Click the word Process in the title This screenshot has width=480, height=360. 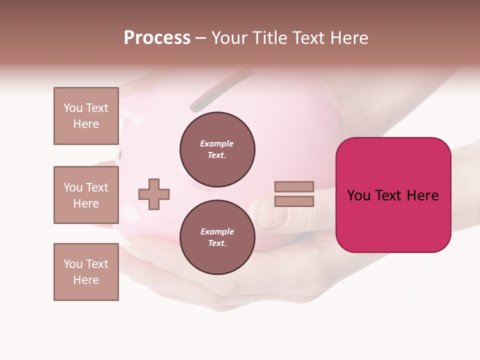pyautogui.click(x=157, y=38)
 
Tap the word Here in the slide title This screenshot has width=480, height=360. pyautogui.click(x=349, y=38)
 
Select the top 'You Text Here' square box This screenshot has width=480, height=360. pyautogui.click(x=86, y=116)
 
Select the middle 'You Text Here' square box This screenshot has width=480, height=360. pyautogui.click(x=86, y=195)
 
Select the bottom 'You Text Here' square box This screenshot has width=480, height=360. pyautogui.click(x=86, y=272)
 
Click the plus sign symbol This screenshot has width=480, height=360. pyautogui.click(x=154, y=194)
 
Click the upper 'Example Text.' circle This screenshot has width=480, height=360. pyautogui.click(x=217, y=149)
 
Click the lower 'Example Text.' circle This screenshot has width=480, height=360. pyautogui.click(x=217, y=237)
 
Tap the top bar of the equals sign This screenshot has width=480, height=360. pyautogui.click(x=294, y=186)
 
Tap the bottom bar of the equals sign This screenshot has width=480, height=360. pyautogui.click(x=294, y=201)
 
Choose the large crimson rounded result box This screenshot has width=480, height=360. pyautogui.click(x=393, y=195)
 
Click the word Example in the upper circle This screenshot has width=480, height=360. pyautogui.click(x=217, y=143)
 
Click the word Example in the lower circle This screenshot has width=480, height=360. pyautogui.click(x=217, y=231)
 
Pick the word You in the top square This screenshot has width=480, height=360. pyautogui.click(x=73, y=108)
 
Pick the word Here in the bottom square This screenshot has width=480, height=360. pyautogui.click(x=86, y=280)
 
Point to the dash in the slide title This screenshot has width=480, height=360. pyautogui.click(x=200, y=38)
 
